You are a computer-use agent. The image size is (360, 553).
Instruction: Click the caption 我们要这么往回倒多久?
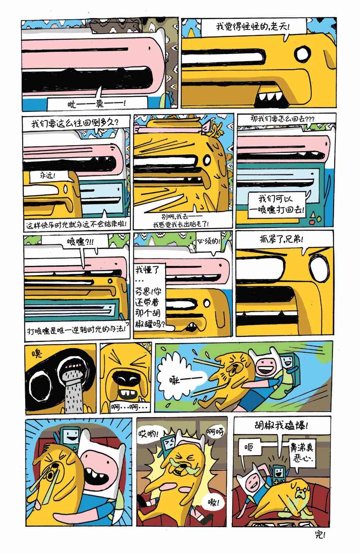[76, 123]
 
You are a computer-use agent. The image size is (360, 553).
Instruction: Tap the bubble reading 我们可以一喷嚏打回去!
[276, 204]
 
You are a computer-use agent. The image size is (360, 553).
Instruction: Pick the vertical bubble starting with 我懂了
[150, 297]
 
